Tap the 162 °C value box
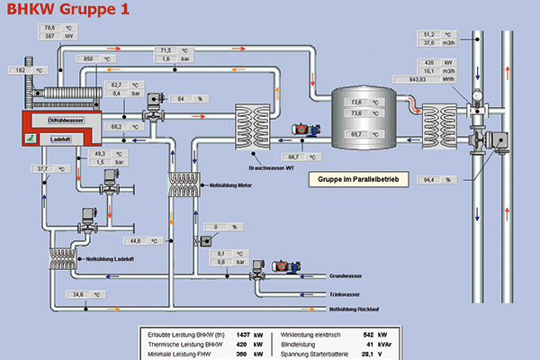22,69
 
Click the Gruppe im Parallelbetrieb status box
358,180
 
